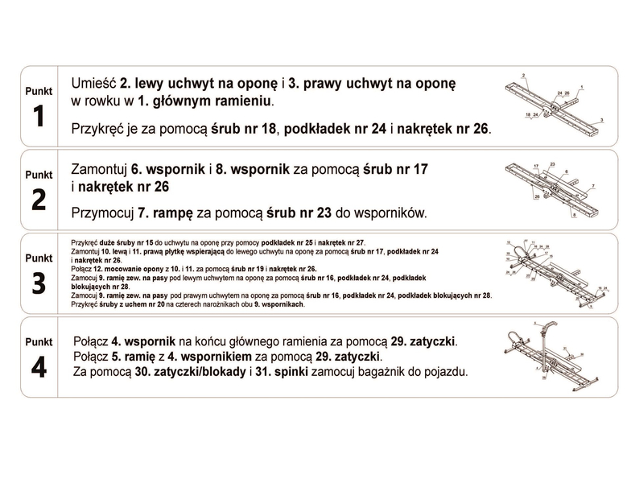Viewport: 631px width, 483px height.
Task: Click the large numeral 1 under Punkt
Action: [x=38, y=118]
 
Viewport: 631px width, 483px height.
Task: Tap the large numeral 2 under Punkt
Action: [x=38, y=200]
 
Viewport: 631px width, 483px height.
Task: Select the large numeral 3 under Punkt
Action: [x=38, y=283]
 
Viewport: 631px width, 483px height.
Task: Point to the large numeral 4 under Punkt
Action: [x=38, y=367]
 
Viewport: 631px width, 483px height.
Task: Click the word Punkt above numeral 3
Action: [x=38, y=258]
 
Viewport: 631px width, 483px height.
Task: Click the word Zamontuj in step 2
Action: [x=100, y=171]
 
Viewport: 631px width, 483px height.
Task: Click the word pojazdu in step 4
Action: [x=443, y=372]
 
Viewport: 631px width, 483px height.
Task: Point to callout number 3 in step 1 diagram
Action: [x=601, y=119]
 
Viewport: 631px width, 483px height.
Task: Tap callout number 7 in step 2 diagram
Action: [x=593, y=186]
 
